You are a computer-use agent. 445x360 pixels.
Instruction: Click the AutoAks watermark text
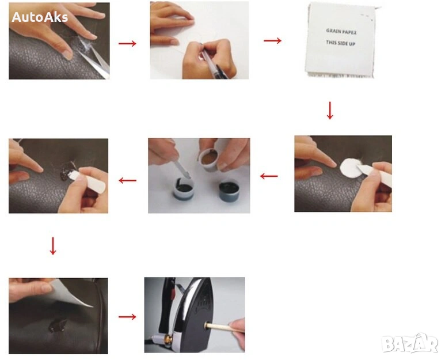pos(40,17)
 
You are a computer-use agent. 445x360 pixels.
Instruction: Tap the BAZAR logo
pos(410,343)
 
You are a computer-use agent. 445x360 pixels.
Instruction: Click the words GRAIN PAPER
pos(341,31)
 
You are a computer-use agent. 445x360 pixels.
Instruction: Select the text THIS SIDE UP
pos(341,43)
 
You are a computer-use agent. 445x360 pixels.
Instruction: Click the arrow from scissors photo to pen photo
pos(127,43)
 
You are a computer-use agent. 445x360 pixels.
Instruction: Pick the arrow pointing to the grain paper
pos(272,40)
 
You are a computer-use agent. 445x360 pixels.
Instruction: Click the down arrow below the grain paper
pos(330,111)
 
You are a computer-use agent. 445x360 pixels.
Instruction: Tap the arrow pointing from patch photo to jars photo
pos(269,176)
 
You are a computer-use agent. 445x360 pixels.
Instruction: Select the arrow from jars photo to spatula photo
pos(127,180)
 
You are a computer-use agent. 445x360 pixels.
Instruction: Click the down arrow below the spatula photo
pos(53,246)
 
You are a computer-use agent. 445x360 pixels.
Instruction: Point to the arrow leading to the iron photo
pos(127,317)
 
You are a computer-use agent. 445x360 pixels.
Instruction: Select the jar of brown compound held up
pos(209,160)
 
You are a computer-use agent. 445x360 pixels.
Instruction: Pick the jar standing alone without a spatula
pos(229,191)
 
